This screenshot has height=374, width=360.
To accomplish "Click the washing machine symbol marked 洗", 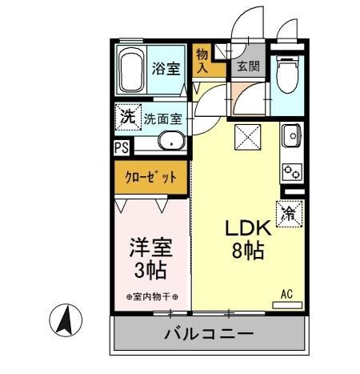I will pyautogui.click(x=127, y=116).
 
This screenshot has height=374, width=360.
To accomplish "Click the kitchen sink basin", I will pyautogui.click(x=291, y=137).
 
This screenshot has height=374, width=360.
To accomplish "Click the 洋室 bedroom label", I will pyautogui.click(x=150, y=246).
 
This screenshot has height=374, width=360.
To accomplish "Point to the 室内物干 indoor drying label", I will pyautogui.click(x=152, y=298).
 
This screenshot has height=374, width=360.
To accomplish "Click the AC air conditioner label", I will pyautogui.click(x=286, y=295).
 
